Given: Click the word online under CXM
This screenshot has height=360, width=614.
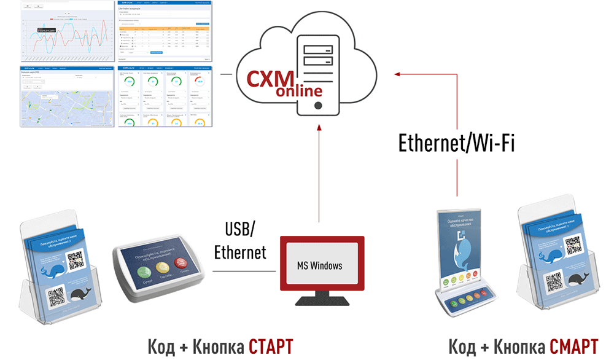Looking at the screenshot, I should pyautogui.click(x=299, y=92).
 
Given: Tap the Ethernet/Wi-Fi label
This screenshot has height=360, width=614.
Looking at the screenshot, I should pyautogui.click(x=456, y=143).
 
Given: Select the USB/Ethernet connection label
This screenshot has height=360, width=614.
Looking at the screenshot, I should pyautogui.click(x=240, y=241).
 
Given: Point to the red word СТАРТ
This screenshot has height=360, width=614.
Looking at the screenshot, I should pyautogui.click(x=271, y=346).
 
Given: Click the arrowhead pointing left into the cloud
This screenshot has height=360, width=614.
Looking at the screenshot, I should pyautogui.click(x=397, y=74).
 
